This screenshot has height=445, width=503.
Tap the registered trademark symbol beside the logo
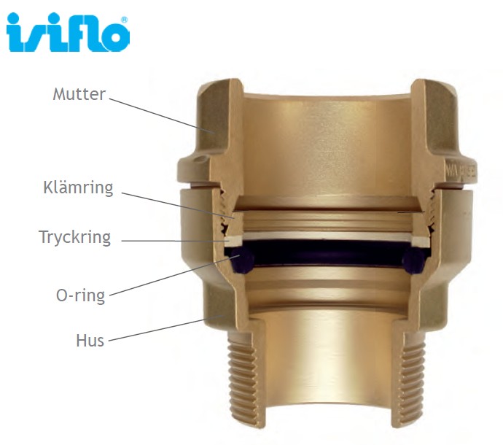click(125, 20)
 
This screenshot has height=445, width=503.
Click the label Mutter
click(79, 94)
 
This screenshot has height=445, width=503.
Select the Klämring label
click(79, 187)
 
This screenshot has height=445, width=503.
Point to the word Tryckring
click(75, 238)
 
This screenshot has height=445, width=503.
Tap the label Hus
click(90, 341)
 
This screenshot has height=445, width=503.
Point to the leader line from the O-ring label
click(168, 276)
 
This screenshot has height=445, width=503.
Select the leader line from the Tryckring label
click(175, 239)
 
